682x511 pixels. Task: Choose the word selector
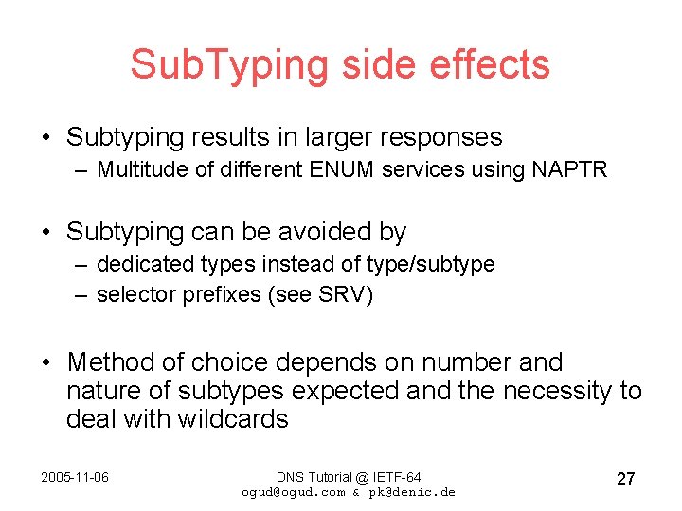click(132, 295)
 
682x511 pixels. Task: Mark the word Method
click(110, 362)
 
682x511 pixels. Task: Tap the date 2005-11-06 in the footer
click(75, 477)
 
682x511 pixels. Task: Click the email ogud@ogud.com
click(294, 492)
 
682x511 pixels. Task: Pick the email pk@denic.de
click(417, 492)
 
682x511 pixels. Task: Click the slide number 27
click(625, 479)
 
